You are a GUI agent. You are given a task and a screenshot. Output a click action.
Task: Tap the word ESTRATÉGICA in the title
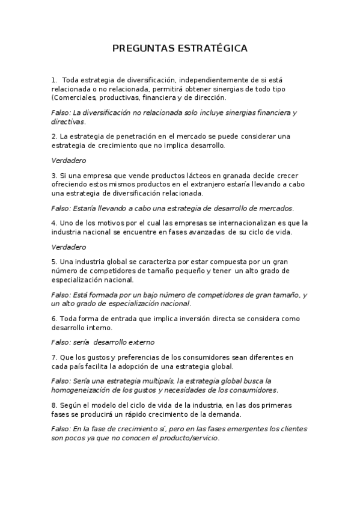(213, 48)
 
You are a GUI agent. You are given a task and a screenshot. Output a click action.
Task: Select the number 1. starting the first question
(54, 79)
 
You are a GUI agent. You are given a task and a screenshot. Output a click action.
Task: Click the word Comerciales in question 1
(75, 97)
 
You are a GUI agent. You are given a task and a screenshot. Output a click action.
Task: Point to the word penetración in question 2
(139, 136)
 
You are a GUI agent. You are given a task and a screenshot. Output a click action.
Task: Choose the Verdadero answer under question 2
(69, 160)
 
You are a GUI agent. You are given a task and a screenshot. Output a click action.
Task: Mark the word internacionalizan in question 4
(227, 223)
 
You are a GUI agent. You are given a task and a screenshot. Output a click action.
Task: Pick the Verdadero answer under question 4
(69, 247)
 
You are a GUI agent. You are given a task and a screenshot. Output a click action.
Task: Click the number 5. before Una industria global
(54, 262)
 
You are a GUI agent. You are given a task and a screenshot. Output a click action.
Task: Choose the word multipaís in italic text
(159, 381)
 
